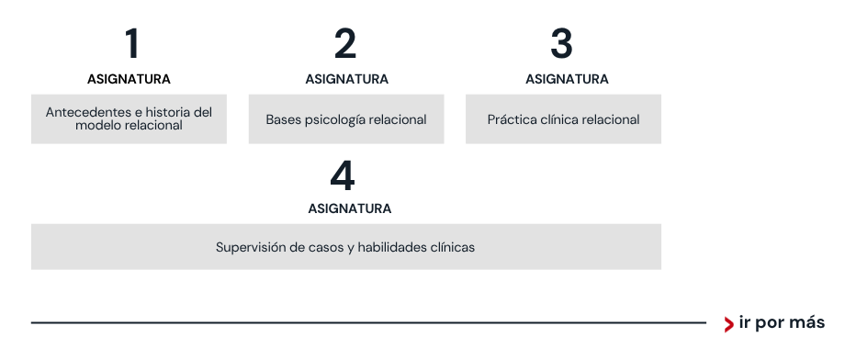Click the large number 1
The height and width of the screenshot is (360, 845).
[132, 43]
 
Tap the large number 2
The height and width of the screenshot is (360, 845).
[345, 43]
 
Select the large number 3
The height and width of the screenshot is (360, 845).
[561, 43]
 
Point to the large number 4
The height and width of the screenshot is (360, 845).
[343, 175]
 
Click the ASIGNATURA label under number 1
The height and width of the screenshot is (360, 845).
[129, 79]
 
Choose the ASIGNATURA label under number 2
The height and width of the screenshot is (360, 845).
[347, 79]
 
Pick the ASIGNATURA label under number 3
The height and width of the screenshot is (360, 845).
[567, 79]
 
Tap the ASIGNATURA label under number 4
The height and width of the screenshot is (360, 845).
[350, 208]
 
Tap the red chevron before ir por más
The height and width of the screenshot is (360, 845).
[728, 324]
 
